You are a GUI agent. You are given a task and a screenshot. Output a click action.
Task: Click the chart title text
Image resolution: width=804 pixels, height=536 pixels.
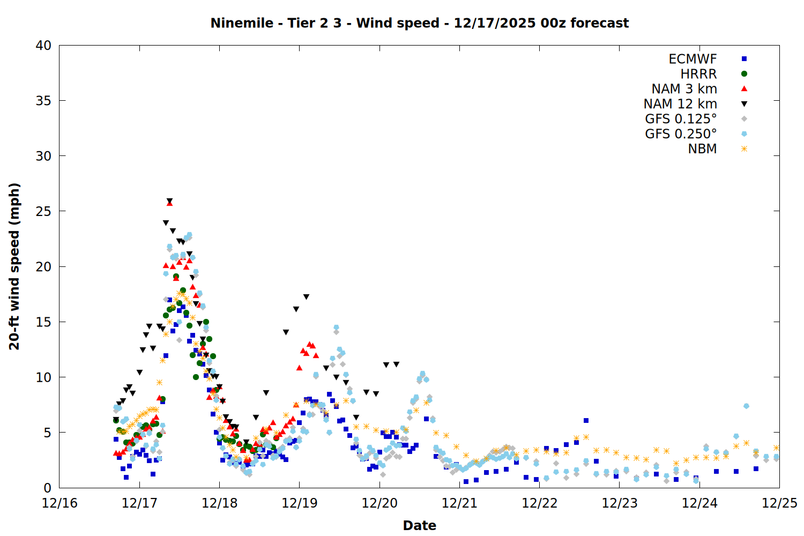pyautogui.click(x=419, y=23)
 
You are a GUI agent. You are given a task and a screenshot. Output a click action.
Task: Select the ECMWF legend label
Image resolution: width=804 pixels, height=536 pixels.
pyautogui.click(x=693, y=59)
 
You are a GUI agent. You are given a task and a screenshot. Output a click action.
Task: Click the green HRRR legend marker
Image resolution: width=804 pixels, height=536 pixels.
pyautogui.click(x=744, y=74)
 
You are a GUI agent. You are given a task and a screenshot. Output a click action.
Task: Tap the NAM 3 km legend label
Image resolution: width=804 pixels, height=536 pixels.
pyautogui.click(x=684, y=89)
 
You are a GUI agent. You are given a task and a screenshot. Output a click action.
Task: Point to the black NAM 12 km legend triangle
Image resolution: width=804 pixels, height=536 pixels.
pyautogui.click(x=744, y=104)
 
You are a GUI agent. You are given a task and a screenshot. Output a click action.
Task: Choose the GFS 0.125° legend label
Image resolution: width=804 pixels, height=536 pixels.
pyautogui.click(x=681, y=119)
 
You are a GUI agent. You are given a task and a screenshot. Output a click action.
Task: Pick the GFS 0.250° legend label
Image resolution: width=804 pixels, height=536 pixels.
pyautogui.click(x=681, y=134)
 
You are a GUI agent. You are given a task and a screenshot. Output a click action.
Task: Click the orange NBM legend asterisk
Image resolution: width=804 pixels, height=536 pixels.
pyautogui.click(x=744, y=149)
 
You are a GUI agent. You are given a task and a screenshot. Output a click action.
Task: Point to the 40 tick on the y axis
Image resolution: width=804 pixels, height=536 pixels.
pyautogui.click(x=43, y=46)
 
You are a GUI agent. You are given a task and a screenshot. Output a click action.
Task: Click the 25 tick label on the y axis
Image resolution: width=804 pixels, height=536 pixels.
pyautogui.click(x=43, y=211)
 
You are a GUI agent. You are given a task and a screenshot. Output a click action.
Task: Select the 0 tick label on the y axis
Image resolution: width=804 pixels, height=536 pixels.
pyautogui.click(x=48, y=488)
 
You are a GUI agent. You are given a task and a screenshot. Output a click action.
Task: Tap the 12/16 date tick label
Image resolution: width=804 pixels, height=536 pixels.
pyautogui.click(x=59, y=503)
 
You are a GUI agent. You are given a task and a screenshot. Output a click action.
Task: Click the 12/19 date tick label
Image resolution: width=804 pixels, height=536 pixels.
pyautogui.click(x=299, y=503)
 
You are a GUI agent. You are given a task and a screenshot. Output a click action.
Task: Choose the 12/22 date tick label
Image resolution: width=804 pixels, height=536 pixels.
pyautogui.click(x=539, y=503)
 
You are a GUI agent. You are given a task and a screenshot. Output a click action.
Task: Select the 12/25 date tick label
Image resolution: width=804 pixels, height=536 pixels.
pyautogui.click(x=779, y=503)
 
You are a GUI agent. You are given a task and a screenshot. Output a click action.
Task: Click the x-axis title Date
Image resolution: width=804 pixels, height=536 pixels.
pyautogui.click(x=419, y=525)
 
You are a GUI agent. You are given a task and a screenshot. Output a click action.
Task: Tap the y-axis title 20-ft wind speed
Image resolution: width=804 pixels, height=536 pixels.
pyautogui.click(x=14, y=266)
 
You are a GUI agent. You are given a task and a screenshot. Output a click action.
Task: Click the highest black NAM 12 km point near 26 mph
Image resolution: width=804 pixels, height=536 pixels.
pyautogui.click(x=169, y=201)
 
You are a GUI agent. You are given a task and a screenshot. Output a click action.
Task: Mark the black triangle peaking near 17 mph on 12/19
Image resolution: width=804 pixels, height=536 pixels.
pyautogui.click(x=306, y=296)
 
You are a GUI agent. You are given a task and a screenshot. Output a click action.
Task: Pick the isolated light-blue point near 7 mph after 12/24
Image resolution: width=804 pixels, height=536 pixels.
pyautogui.click(x=746, y=406)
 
